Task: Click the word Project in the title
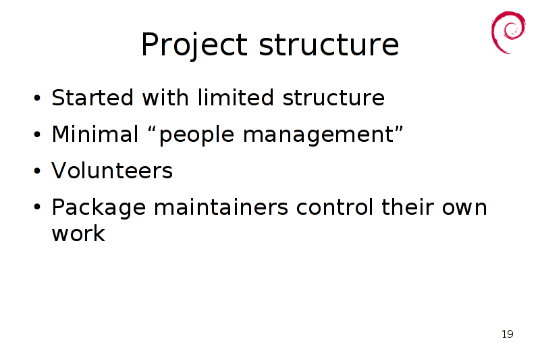pyautogui.click(x=194, y=45)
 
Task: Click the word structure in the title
pyautogui.click(x=329, y=44)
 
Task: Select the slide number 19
pyautogui.click(x=508, y=334)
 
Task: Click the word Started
pyautogui.click(x=92, y=97)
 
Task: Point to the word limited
pyautogui.click(x=236, y=97)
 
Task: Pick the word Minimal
pyautogui.click(x=95, y=134)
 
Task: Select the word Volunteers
pyautogui.click(x=112, y=170)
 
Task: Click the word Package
pyautogui.click(x=99, y=208)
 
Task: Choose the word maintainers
pyautogui.click(x=221, y=207)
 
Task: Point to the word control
pyautogui.click(x=334, y=207)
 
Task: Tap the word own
pyautogui.click(x=464, y=209)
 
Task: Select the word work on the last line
pyautogui.click(x=78, y=233)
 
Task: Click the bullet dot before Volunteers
pyautogui.click(x=37, y=170)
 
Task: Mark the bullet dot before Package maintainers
pyautogui.click(x=37, y=207)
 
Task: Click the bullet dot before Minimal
pyautogui.click(x=37, y=134)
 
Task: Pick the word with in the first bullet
pyautogui.click(x=165, y=97)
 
